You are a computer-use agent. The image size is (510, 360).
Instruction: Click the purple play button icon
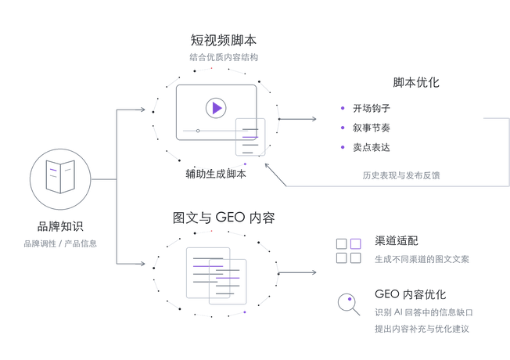(x=216, y=108)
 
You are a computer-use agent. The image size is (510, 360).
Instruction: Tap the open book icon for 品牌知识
(x=60, y=177)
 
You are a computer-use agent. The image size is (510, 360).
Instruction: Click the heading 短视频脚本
(x=224, y=41)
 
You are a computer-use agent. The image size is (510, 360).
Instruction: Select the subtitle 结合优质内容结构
(x=224, y=57)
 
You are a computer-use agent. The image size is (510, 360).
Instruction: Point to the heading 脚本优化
(x=416, y=83)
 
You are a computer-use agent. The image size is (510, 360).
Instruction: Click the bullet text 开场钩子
(x=372, y=108)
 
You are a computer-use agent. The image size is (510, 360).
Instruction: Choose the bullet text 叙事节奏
(x=372, y=128)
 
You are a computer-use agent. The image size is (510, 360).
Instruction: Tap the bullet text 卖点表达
(x=372, y=147)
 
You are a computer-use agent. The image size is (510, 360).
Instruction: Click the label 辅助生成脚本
(x=216, y=174)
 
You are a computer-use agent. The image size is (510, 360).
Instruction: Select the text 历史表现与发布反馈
(x=401, y=175)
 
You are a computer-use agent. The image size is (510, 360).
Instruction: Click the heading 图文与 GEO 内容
(x=224, y=218)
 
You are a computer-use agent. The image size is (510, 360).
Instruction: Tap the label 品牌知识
(x=60, y=226)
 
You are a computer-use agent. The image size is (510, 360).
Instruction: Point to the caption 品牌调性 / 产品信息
(x=60, y=243)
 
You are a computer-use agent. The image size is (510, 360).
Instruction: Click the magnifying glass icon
(x=349, y=304)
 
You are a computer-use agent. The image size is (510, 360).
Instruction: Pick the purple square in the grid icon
(x=355, y=244)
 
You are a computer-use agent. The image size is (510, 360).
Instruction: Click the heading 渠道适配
(x=396, y=241)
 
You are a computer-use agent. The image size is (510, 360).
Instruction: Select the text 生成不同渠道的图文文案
(x=422, y=259)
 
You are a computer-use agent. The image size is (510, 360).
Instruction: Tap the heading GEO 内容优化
(x=410, y=294)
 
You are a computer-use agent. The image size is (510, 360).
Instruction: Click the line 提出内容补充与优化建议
(x=422, y=329)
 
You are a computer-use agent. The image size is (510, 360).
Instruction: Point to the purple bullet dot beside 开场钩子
(x=343, y=108)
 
